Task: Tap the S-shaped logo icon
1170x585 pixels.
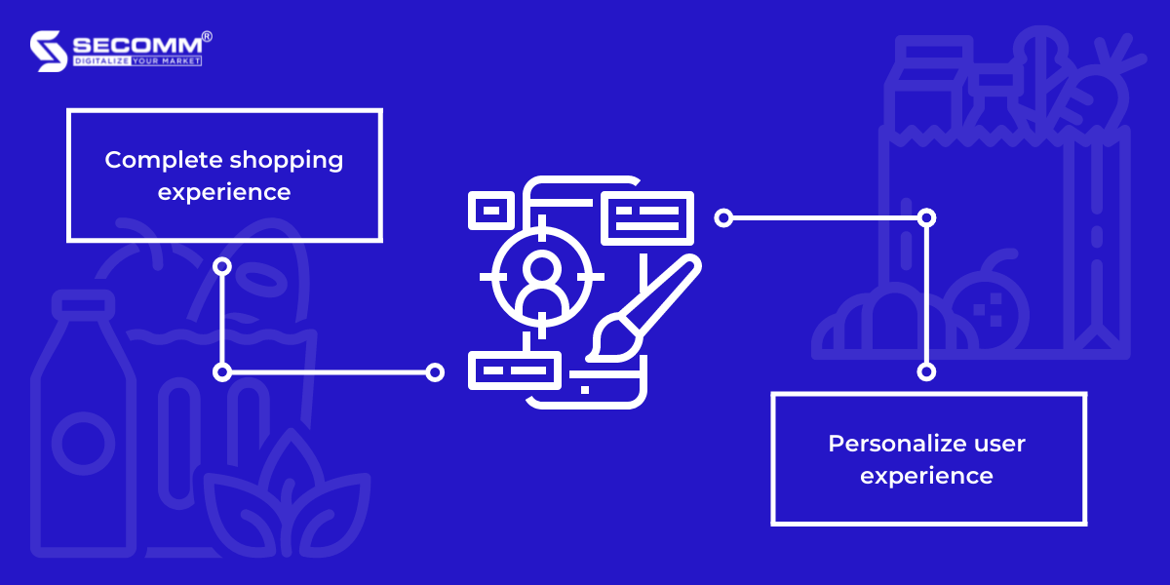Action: pos(49,51)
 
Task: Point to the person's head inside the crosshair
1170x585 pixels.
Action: pos(541,266)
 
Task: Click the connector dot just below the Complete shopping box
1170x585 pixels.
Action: pos(222,265)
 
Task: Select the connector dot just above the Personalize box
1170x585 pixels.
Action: pos(927,371)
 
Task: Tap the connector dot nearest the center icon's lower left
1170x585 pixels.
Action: pos(435,371)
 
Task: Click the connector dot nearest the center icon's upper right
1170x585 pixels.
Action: pos(722,217)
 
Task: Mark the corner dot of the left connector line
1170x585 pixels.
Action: pos(222,371)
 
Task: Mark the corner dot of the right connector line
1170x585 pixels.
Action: pos(927,217)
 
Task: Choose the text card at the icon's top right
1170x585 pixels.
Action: pos(647,217)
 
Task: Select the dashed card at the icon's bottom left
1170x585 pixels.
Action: pos(515,370)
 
